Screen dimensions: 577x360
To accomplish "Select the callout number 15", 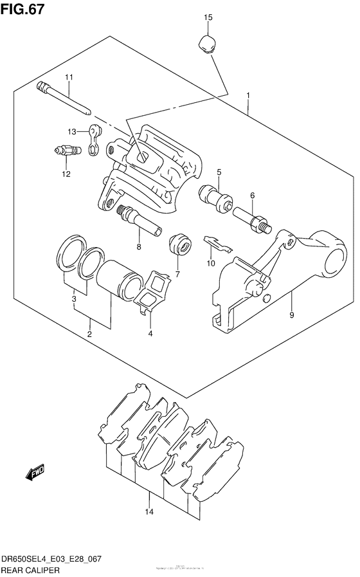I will (x=208, y=17).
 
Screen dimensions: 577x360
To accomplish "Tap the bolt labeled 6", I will (x=252, y=218).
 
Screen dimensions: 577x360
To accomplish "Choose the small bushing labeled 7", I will (x=179, y=244).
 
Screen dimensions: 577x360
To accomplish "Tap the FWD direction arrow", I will (x=35, y=475).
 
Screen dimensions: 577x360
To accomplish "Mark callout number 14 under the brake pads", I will (x=149, y=512).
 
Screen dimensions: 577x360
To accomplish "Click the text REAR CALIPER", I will (x=31, y=570).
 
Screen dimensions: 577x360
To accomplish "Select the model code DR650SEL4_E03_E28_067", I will (x=53, y=560).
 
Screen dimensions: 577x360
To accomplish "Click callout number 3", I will (x=74, y=298).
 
